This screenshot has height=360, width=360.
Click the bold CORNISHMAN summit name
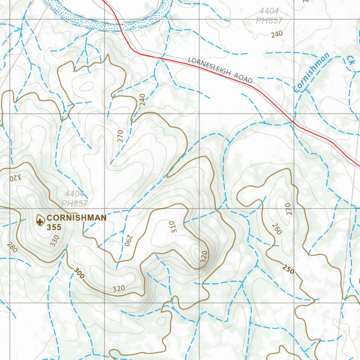pos(76,218)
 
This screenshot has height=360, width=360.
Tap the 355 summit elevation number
pos(54,227)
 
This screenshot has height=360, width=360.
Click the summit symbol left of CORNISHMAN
pos(40,221)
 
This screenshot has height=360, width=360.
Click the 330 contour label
pos(54,241)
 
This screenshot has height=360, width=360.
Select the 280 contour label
pos(12,247)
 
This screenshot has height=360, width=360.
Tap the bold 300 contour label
pos(79,273)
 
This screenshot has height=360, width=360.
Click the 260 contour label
pos(277,229)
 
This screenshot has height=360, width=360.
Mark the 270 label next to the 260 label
pos(288,209)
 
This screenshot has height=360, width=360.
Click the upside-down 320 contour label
pos(15,176)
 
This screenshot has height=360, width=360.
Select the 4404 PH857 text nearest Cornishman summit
pos(74,199)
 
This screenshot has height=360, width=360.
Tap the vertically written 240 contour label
pos(142,100)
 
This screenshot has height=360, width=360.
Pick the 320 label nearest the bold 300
pos(119,289)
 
